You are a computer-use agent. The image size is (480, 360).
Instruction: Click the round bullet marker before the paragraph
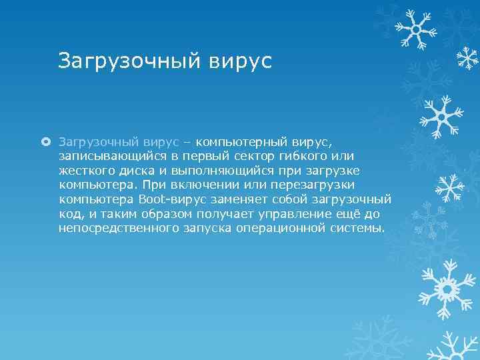(x=46, y=141)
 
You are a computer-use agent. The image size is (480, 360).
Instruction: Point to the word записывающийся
(x=105, y=156)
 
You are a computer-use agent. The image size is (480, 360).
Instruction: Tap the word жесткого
(x=84, y=170)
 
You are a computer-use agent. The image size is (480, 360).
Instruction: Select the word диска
(x=131, y=170)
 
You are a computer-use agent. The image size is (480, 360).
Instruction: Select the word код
(x=69, y=214)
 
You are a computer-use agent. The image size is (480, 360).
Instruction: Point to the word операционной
(x=283, y=229)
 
